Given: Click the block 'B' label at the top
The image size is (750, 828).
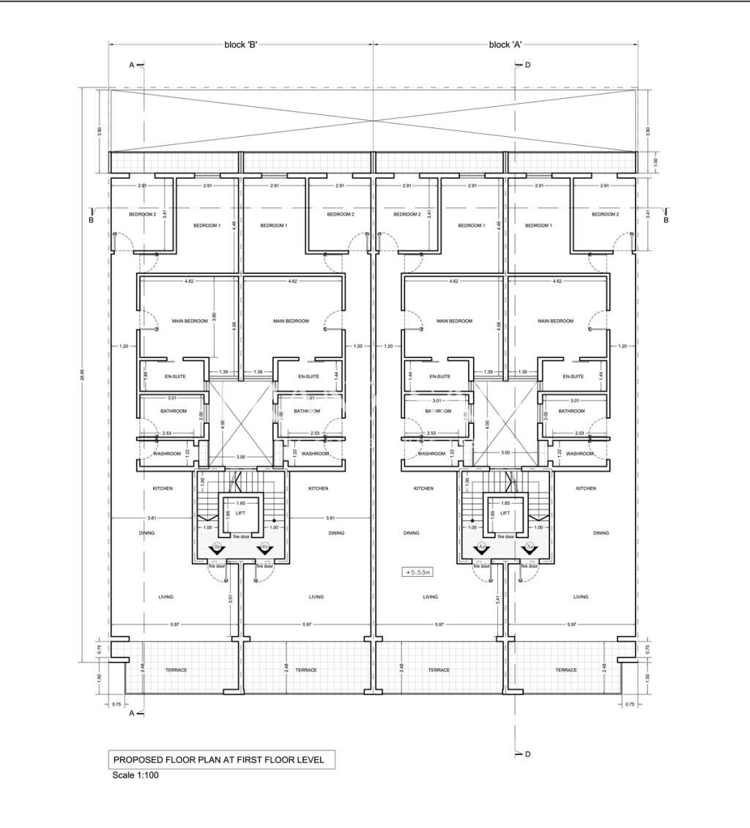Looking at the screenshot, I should pyautogui.click(x=240, y=45).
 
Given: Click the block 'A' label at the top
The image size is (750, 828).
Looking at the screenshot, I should pyautogui.click(x=505, y=45).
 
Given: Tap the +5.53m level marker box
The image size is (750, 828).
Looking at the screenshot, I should pyautogui.click(x=415, y=571).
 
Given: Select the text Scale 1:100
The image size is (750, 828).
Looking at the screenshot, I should pyautogui.click(x=135, y=776).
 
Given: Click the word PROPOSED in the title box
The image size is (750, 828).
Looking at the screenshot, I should pyautogui.click(x=135, y=760).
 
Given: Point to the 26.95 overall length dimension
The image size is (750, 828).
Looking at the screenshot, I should pyautogui.click(x=83, y=374).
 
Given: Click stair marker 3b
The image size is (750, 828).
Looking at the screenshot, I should pyautogui.click(x=218, y=547).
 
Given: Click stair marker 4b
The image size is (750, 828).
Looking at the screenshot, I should pyautogui.click(x=264, y=547).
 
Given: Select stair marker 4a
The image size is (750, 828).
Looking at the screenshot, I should pyautogui.click(x=482, y=547).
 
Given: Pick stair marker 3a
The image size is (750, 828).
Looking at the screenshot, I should pyautogui.click(x=529, y=547).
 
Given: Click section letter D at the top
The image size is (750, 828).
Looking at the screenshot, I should pyautogui.click(x=527, y=65).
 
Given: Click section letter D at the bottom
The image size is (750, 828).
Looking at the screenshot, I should pyautogui.click(x=527, y=753).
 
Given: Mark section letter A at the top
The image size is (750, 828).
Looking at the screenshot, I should pyautogui.click(x=133, y=65).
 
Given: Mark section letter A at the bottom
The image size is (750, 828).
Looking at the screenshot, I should pyautogui.click(x=133, y=712).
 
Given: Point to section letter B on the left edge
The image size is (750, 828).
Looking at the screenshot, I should pyautogui.click(x=92, y=220).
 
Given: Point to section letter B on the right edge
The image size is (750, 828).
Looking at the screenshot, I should pyautogui.click(x=666, y=220).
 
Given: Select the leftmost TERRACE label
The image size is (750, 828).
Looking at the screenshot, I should pyautogui.click(x=176, y=670).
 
